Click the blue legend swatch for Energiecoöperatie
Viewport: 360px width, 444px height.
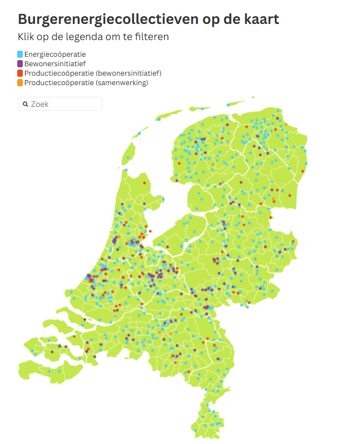click(x=20, y=54)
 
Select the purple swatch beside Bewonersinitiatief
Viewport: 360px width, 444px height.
click(x=20, y=63)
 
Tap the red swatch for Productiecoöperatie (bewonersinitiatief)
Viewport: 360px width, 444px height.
click(x=20, y=73)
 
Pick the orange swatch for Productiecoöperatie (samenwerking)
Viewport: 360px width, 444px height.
click(x=20, y=83)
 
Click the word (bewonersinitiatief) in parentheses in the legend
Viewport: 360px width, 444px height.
click(x=129, y=73)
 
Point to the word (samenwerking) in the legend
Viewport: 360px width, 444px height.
click(x=122, y=83)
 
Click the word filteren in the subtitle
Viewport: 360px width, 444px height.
click(x=150, y=37)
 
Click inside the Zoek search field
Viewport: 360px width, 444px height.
click(x=64, y=104)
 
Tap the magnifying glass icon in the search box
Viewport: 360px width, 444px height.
click(x=26, y=104)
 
